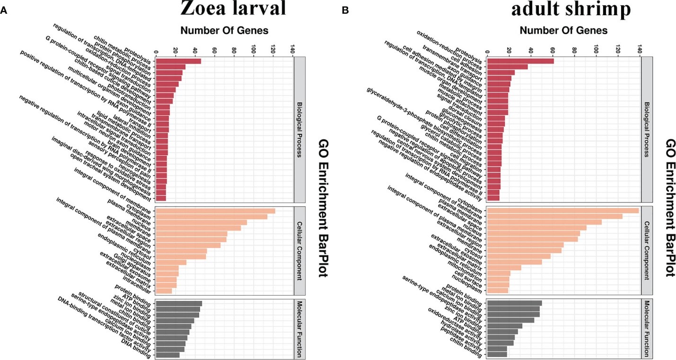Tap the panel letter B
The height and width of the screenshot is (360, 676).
(x=344, y=10)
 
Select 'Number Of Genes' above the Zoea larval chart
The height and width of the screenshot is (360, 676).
(x=225, y=31)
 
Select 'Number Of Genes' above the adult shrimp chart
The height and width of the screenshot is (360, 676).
(x=564, y=31)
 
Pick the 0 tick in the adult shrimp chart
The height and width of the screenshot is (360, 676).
(x=487, y=50)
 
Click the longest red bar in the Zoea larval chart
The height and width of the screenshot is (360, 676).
(x=178, y=61)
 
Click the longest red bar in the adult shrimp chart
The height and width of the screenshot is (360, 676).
(x=520, y=61)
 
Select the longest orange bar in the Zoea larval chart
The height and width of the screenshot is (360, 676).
(x=215, y=211)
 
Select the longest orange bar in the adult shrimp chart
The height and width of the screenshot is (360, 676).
(x=563, y=211)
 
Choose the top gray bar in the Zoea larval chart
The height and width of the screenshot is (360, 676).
(x=179, y=304)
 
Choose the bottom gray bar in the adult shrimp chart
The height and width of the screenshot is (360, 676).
(x=497, y=354)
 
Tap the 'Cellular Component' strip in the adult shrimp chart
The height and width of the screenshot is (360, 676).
(x=647, y=251)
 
